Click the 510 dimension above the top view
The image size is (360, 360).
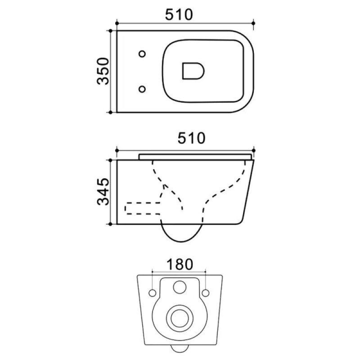[179, 15]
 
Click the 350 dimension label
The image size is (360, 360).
[103, 71]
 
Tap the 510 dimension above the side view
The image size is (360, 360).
[192, 138]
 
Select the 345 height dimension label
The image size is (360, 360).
[103, 191]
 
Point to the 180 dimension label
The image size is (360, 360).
[180, 264]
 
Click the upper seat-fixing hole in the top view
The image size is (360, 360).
[142, 54]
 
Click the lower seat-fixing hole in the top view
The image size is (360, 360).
[142, 89]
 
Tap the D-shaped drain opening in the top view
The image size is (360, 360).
[193, 71]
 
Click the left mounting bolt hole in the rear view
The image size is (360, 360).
[153, 293]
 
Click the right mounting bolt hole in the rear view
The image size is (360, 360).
[206, 293]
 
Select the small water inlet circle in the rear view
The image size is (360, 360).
[180, 287]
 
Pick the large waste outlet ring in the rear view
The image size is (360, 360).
[178, 318]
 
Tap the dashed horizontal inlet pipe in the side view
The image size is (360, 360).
[143, 208]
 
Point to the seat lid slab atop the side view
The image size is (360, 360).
[195, 156]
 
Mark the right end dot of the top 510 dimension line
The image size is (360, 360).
[253, 23]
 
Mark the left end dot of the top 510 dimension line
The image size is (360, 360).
[117, 23]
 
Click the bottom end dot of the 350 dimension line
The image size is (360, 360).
[110, 112]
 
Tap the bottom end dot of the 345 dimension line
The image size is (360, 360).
[110, 224]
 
